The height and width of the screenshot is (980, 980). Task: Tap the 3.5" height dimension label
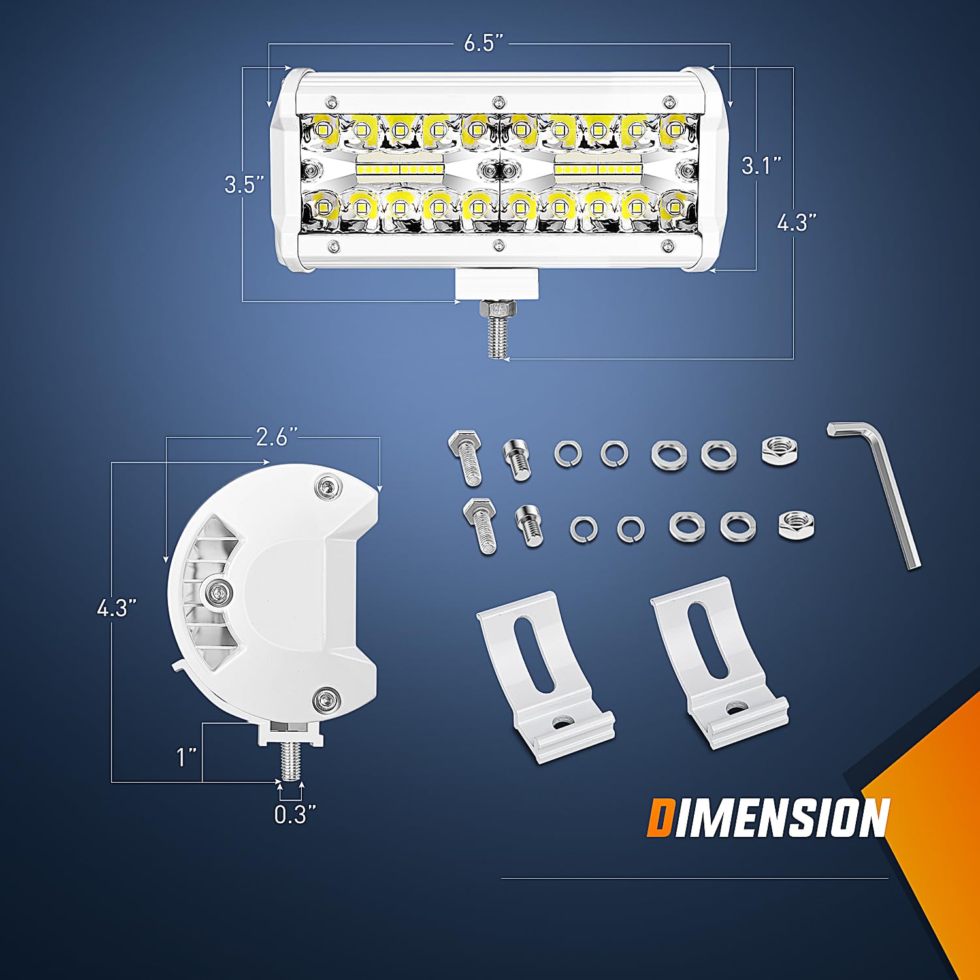[244, 184]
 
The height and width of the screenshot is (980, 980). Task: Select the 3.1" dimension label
[761, 165]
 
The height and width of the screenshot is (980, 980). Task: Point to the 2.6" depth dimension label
[276, 436]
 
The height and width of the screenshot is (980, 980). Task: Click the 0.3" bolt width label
[295, 815]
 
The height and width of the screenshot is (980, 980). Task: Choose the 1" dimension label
[187, 757]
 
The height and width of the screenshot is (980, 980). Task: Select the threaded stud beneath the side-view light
[291, 760]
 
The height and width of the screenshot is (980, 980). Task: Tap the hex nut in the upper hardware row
[779, 451]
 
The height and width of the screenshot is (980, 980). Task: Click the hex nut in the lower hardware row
[796, 525]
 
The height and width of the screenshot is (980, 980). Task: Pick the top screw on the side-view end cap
[328, 487]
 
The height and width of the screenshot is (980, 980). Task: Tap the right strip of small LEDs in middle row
[597, 170]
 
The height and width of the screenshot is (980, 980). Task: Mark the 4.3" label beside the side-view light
[116, 608]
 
